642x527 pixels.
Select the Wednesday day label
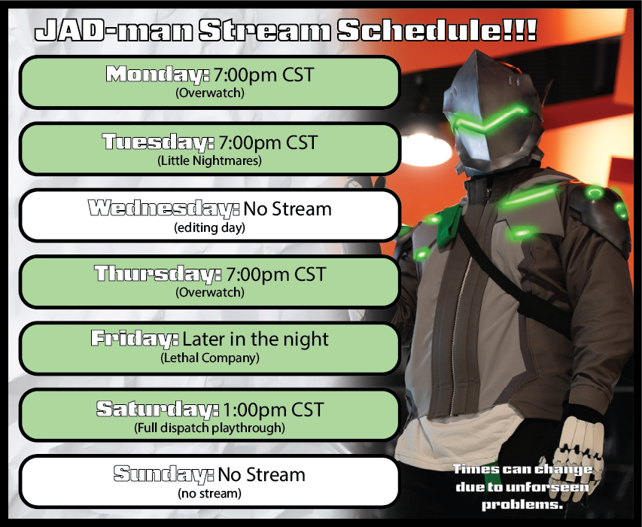click(163, 208)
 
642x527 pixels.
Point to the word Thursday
click(158, 273)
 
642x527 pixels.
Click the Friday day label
click(135, 339)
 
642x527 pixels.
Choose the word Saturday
click(157, 410)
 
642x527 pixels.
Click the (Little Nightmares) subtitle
click(209, 160)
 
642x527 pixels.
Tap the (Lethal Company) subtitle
click(209, 358)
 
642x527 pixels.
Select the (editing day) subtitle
click(209, 227)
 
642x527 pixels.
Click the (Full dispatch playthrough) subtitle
click(209, 428)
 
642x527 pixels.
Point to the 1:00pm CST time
click(273, 410)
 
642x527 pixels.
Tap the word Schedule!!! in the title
click(437, 32)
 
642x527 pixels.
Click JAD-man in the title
click(113, 32)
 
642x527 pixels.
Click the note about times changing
click(521, 487)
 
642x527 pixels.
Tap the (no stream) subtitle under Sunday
click(209, 494)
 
